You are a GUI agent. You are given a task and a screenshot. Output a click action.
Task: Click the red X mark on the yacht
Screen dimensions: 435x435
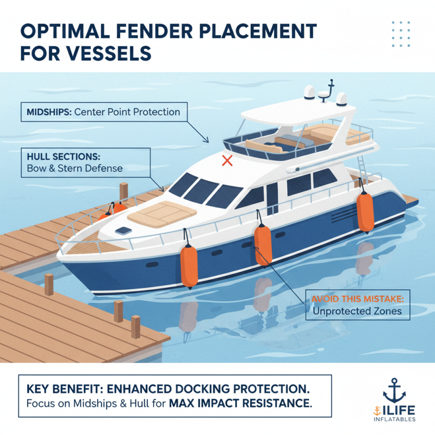pyautogui.click(x=227, y=160)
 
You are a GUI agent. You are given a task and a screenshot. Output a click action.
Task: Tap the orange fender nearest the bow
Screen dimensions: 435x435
pyautogui.click(x=189, y=266)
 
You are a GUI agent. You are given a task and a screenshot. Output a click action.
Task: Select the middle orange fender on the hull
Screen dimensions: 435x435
pyautogui.click(x=263, y=245)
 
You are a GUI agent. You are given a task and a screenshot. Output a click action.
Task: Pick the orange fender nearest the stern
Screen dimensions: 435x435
pyautogui.click(x=365, y=212)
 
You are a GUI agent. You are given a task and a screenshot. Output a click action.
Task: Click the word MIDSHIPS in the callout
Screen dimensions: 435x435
pyautogui.click(x=49, y=112)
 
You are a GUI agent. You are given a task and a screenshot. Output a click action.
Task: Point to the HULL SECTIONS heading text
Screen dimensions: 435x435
pyautogui.click(x=64, y=157)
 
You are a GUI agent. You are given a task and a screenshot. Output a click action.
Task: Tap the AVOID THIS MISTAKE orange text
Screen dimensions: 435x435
pyautogui.click(x=358, y=299)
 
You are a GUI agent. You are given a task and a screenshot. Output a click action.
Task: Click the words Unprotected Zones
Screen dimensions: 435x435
pyautogui.click(x=357, y=311)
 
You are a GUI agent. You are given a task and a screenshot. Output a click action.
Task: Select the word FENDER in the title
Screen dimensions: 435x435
pyautogui.click(x=154, y=31)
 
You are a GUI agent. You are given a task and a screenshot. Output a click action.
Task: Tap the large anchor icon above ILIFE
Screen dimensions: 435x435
pyautogui.click(x=394, y=390)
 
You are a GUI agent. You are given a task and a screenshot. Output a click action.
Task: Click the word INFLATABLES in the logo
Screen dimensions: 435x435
pyautogui.click(x=395, y=419)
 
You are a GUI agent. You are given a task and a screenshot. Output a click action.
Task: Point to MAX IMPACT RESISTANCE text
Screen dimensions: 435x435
pyautogui.click(x=240, y=403)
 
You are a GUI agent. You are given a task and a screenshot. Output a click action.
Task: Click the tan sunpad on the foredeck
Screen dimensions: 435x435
pyautogui.click(x=162, y=214)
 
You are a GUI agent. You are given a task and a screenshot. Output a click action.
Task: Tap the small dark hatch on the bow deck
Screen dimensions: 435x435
pyautogui.click(x=123, y=231)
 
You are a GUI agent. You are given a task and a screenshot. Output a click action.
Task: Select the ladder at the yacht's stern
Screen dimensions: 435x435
pyautogui.click(x=362, y=166)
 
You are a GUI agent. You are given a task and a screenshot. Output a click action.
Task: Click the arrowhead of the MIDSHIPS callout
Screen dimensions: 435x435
pyautogui.click(x=206, y=140)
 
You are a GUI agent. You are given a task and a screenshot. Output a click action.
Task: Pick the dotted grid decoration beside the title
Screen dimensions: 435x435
pyautogui.click(x=401, y=34)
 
